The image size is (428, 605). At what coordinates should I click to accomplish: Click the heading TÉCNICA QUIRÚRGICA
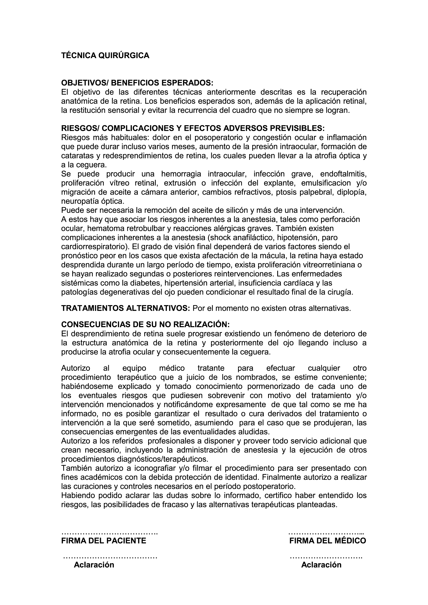tap(105, 56)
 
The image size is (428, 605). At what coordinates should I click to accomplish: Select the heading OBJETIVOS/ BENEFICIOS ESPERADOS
tap(137, 83)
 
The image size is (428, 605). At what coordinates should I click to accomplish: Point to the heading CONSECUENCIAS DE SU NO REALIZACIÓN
tap(145, 324)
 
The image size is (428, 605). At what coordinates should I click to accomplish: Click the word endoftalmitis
tap(343, 174)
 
